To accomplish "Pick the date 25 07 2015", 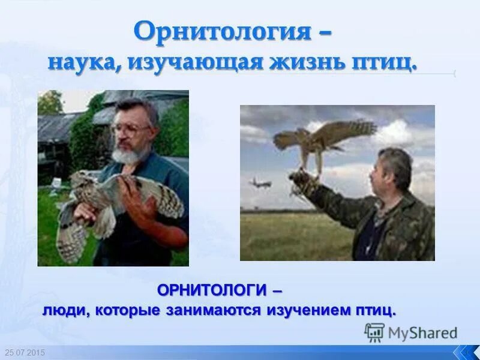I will (x=25, y=352).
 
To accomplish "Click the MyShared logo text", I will (x=422, y=333).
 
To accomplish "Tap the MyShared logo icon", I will (x=374, y=332).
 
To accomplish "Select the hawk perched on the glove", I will (x=324, y=138).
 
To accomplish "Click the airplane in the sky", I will (x=260, y=182).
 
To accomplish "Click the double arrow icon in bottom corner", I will (x=465, y=352).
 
